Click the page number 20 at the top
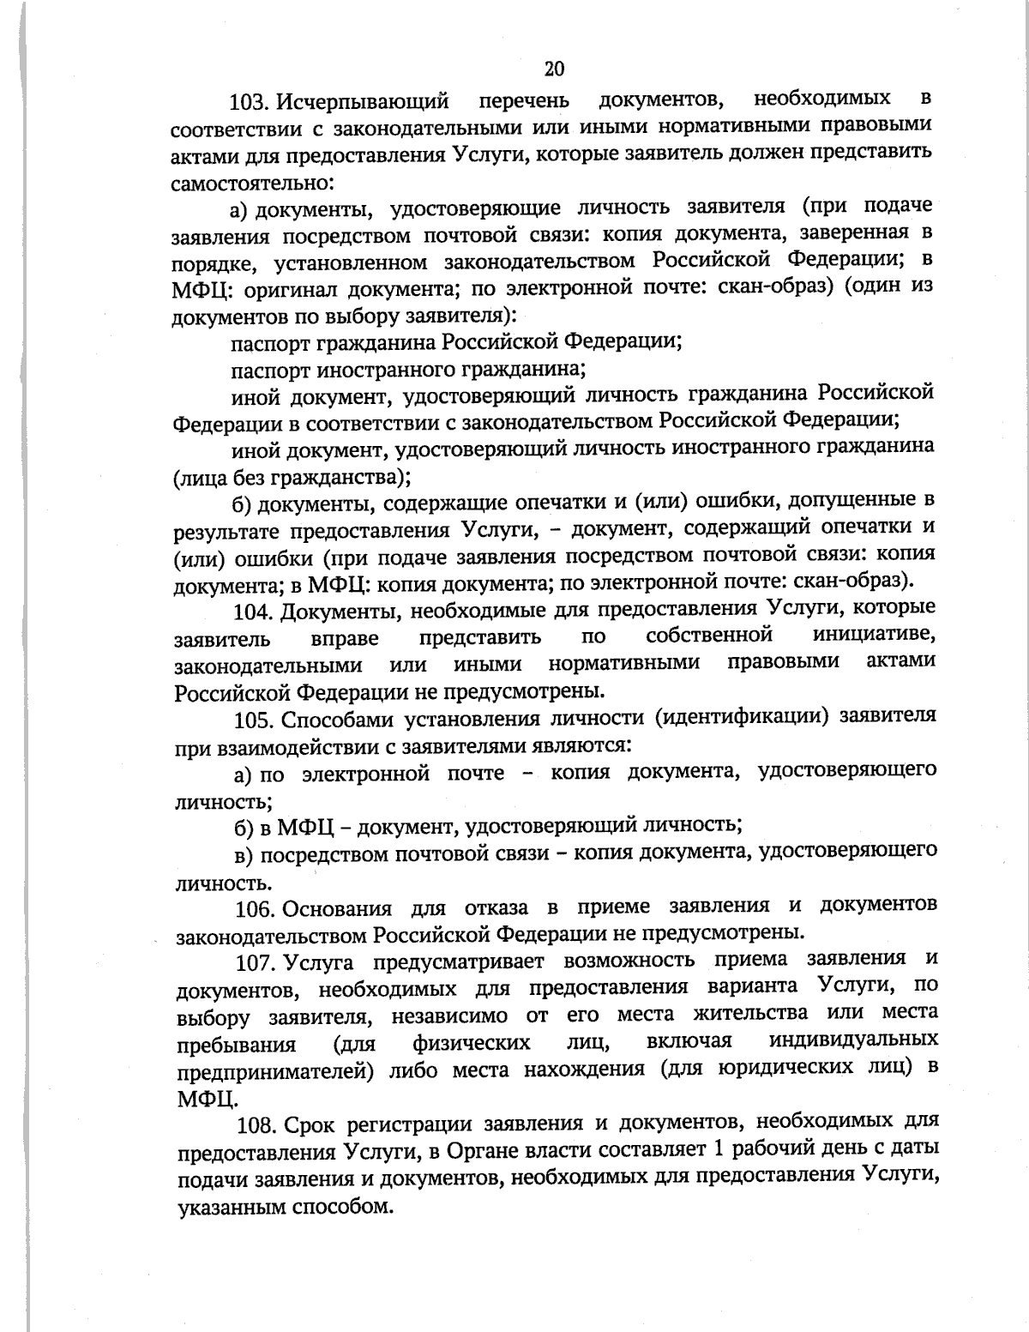pyautogui.click(x=554, y=69)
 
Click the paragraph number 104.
pyautogui.click(x=255, y=611)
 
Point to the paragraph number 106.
pyautogui.click(x=255, y=908)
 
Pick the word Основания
pyautogui.click(x=338, y=908)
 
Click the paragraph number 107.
pyautogui.click(x=255, y=962)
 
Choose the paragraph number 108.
pyautogui.click(x=256, y=1124)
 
